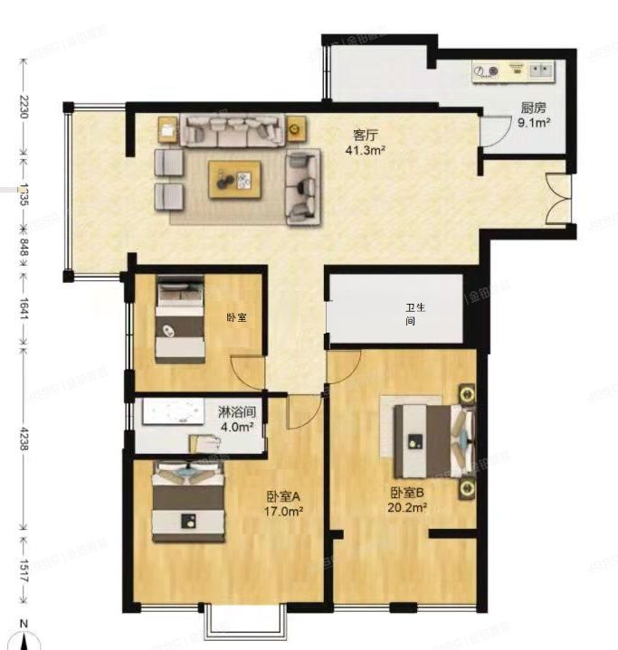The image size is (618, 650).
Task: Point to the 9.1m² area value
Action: click(535, 122)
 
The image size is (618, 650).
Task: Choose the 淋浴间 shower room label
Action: click(237, 411)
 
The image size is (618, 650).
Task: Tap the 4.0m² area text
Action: click(237, 426)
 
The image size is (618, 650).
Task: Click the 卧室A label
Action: click(283, 495)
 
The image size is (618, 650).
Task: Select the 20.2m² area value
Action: click(408, 508)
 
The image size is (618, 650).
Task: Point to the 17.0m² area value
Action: click(283, 511)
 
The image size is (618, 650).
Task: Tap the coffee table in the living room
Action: click(235, 179)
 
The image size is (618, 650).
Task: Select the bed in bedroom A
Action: click(187, 502)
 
